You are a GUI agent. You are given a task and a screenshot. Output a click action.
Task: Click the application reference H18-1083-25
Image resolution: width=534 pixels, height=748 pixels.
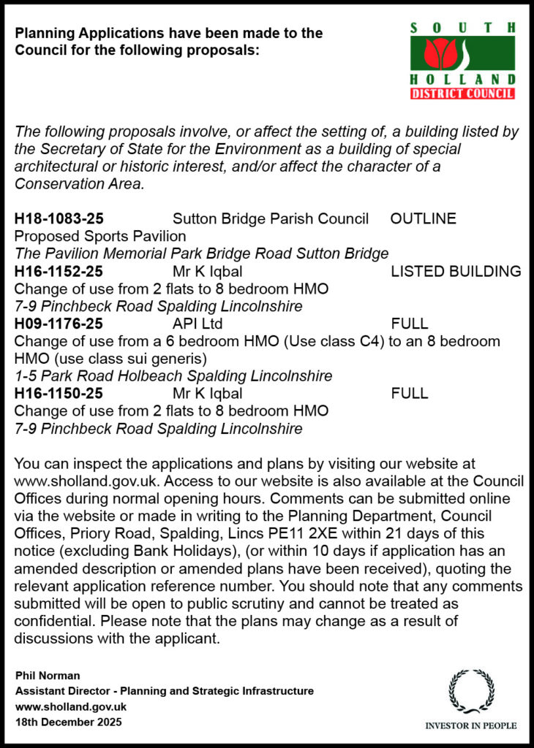(59, 218)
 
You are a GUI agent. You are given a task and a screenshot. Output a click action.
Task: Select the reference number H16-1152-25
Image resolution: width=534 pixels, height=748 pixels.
(59, 272)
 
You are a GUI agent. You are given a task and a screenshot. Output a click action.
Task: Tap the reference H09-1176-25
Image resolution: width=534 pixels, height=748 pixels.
(59, 324)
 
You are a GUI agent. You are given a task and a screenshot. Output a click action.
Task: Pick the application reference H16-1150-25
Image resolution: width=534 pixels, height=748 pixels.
(59, 394)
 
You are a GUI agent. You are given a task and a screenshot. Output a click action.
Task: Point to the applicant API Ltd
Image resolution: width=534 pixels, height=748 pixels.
(198, 324)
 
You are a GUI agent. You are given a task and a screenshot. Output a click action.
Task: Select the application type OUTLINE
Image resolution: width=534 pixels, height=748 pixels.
(424, 218)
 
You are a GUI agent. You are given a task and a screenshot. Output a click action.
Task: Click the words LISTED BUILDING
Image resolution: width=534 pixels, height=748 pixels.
(456, 272)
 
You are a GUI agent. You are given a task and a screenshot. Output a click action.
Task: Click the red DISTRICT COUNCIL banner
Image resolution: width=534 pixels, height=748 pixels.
(462, 93)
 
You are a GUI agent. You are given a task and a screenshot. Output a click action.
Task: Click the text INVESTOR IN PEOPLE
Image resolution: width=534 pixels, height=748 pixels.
(471, 725)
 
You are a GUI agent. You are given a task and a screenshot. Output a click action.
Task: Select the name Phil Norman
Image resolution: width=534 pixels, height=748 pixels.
(47, 675)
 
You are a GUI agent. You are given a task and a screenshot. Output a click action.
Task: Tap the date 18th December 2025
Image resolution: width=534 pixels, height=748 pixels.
(68, 722)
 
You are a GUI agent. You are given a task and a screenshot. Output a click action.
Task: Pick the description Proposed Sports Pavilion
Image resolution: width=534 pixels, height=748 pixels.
(100, 236)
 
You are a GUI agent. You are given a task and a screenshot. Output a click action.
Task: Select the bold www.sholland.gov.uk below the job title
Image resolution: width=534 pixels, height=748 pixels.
(71, 706)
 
